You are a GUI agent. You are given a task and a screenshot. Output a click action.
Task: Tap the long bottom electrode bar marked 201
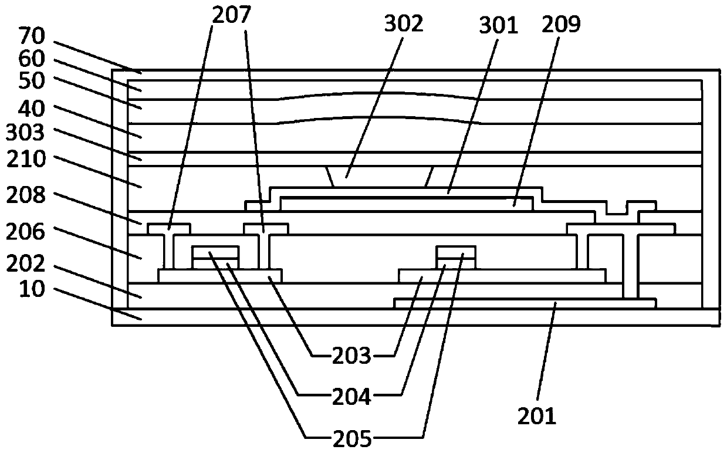pos(525,303)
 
